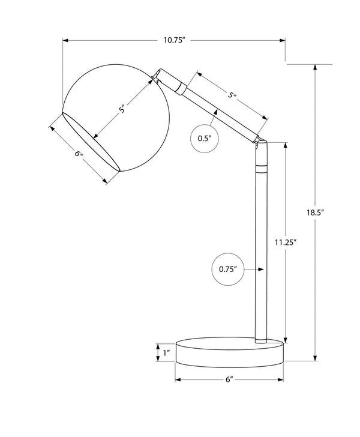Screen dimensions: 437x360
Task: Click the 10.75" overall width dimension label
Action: pos(174,40)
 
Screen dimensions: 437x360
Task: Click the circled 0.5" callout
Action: pos(205,138)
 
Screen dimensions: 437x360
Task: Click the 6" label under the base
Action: pos(229,381)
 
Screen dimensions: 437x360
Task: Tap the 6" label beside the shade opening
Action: pos(78,154)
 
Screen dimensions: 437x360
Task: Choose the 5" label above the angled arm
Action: pos(233,95)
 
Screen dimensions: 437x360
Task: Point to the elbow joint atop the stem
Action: pos(260,143)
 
